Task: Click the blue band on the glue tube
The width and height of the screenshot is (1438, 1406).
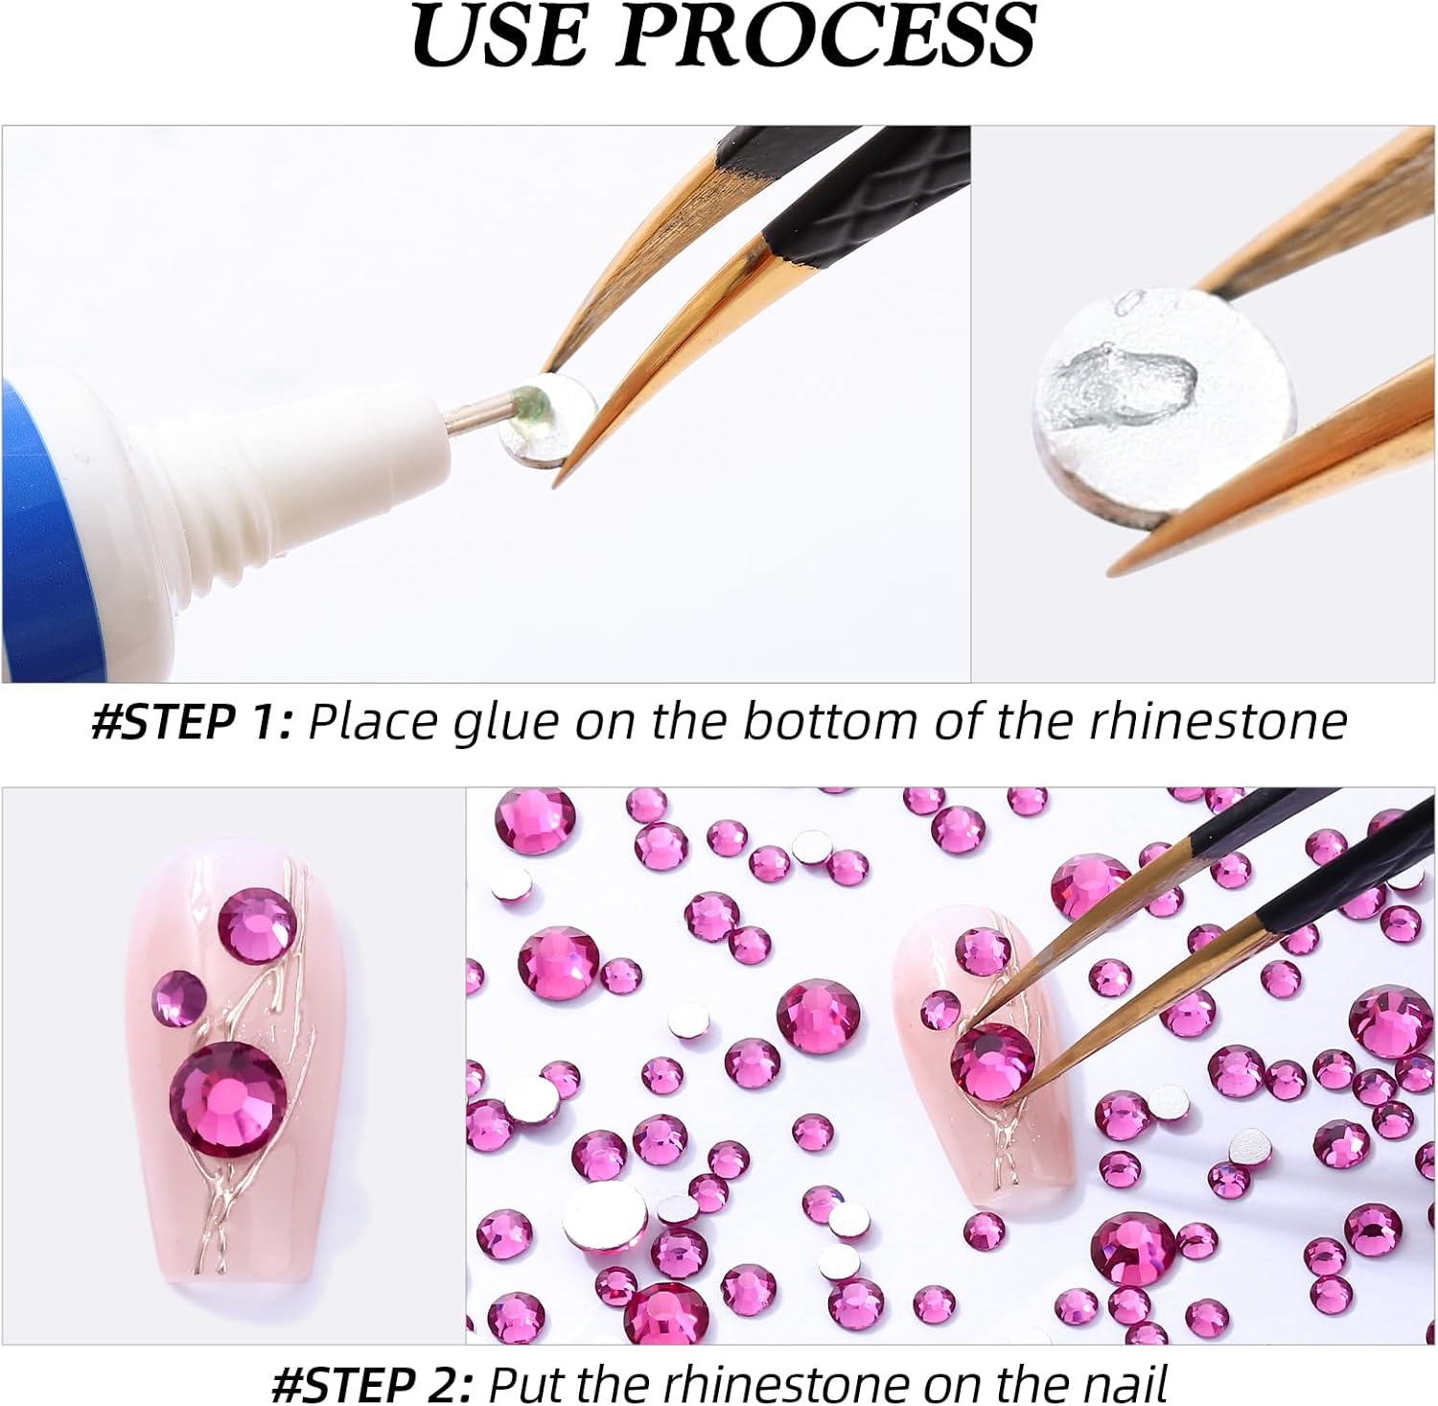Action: [38, 537]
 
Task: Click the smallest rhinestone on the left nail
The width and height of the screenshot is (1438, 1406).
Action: [178, 994]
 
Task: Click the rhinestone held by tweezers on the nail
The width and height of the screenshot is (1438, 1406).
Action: [992, 1061]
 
